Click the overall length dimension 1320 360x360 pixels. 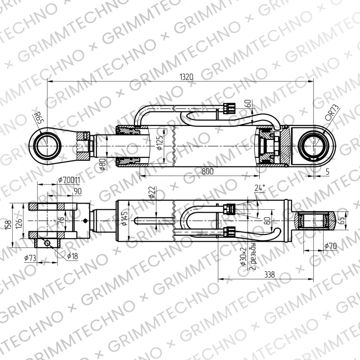pos(186,77)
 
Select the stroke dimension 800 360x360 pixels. pos(207,171)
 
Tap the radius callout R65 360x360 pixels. pos(38,118)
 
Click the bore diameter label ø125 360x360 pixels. pos(160,143)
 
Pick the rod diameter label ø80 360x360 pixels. pos(103,164)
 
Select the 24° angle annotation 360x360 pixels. pos(260,188)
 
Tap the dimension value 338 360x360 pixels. pos(270,274)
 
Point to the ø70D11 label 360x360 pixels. pos(69,180)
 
